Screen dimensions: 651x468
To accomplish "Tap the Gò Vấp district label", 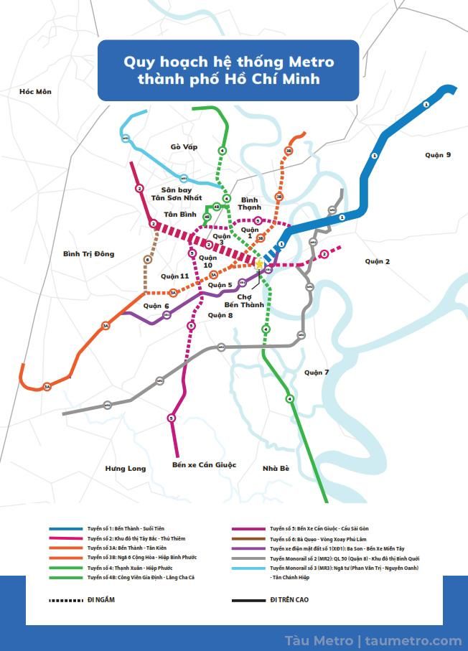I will (184, 147).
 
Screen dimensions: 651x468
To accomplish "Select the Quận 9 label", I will (437, 155).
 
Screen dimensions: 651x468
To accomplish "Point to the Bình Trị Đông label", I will (88, 254).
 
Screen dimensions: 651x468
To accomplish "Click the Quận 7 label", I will (316, 372).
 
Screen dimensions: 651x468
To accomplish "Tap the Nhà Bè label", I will (276, 469).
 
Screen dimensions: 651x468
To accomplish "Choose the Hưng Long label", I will (126, 469).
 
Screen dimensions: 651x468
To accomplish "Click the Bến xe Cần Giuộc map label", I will (204, 464).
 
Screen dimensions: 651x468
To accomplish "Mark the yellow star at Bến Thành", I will (259, 263).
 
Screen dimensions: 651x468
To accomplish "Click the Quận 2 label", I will (377, 261).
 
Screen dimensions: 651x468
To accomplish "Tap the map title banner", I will (228, 70).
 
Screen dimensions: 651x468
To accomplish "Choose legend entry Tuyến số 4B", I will (141, 577).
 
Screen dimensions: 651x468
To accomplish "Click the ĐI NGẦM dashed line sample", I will (65, 599).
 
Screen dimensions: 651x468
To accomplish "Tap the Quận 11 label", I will (174, 276).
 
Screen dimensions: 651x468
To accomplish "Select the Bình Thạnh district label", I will (251, 203).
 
